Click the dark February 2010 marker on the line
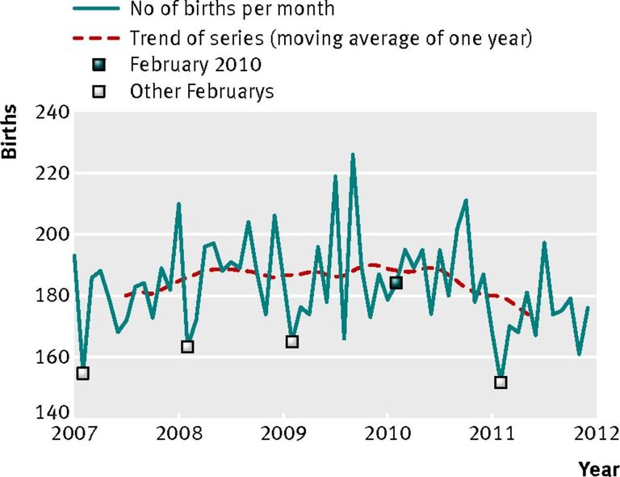tap(396, 283)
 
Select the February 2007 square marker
tap(82, 374)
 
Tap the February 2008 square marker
tap(187, 347)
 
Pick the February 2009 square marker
tap(291, 342)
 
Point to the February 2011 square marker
tap(501, 382)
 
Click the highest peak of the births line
tap(353, 154)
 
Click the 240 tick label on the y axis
tap(52, 112)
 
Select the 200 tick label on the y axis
tap(52, 234)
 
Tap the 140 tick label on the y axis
tap(52, 413)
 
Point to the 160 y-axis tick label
tap(52, 357)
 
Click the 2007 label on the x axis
tap(74, 434)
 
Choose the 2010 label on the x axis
tap(387, 434)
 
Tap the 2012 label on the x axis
tap(597, 434)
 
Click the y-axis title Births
tap(10, 132)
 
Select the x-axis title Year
tap(599, 469)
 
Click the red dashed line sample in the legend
tap(96, 38)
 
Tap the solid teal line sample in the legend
tap(96, 9)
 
